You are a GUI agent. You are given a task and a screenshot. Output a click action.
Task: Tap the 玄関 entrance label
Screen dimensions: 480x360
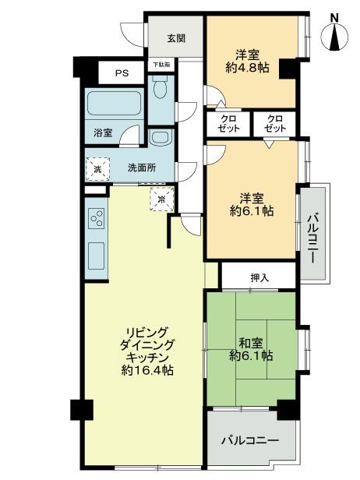[175, 37]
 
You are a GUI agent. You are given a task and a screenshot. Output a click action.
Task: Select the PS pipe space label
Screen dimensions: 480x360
[121, 73]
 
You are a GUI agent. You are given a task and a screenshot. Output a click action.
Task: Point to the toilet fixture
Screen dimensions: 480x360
[161, 90]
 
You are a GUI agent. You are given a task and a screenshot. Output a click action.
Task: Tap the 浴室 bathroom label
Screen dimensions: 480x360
[104, 132]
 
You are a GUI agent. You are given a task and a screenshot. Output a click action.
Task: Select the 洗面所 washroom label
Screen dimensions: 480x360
[141, 167]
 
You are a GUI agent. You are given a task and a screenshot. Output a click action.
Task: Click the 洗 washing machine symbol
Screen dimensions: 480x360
[97, 167]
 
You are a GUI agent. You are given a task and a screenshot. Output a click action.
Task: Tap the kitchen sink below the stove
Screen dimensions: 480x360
[98, 253]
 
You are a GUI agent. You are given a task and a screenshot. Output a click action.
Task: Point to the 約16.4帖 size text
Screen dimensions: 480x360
[148, 371]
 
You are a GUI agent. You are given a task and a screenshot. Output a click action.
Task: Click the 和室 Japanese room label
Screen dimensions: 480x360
[251, 341]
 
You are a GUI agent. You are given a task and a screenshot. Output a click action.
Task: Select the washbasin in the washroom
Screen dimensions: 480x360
[161, 137]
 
